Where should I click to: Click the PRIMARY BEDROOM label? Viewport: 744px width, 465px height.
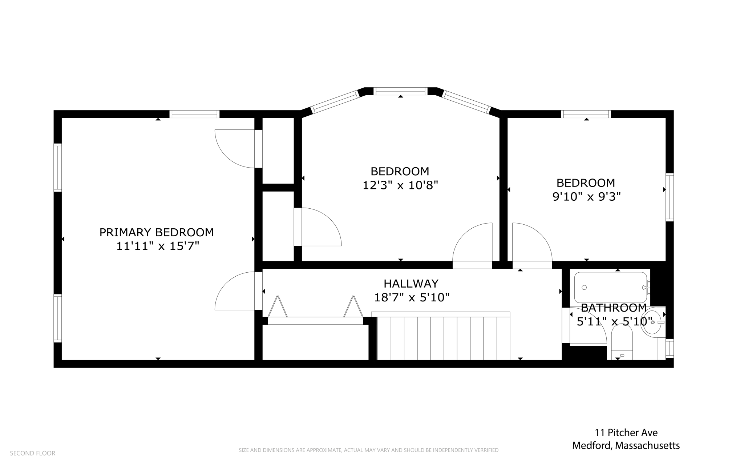(x=157, y=232)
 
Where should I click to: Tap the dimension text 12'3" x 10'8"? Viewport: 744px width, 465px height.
(x=400, y=185)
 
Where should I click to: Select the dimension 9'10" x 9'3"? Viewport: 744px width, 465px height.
(x=586, y=197)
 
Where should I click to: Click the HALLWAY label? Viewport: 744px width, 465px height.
(x=411, y=284)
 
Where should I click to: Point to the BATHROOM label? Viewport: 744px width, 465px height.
(x=614, y=308)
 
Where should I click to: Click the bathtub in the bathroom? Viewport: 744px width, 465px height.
(x=611, y=287)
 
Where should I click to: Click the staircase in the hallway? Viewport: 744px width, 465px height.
(x=443, y=336)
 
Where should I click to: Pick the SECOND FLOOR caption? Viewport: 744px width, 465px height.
(x=33, y=453)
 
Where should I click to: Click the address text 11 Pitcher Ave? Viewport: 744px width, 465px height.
(x=626, y=433)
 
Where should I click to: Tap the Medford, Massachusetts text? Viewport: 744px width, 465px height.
(x=626, y=445)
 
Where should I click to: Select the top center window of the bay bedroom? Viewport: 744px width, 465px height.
(x=400, y=91)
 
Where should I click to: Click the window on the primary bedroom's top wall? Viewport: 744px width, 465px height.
(x=194, y=114)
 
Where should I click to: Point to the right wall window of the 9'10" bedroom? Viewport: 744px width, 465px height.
(x=670, y=197)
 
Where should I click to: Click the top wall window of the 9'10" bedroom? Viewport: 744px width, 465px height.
(x=586, y=114)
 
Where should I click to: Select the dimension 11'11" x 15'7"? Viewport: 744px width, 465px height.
(x=158, y=246)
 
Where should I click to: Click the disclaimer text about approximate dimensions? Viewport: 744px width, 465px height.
(x=368, y=450)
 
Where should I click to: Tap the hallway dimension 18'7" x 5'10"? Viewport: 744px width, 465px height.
(x=412, y=298)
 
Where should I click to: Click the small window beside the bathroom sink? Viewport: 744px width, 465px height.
(x=670, y=348)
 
